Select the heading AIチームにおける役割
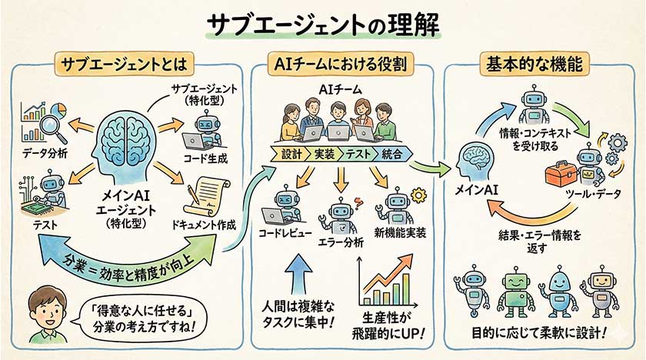339,63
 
